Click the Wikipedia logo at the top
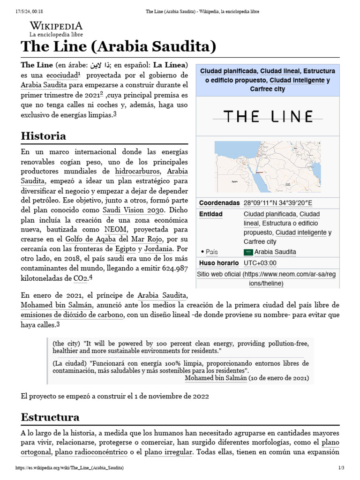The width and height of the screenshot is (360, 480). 56,29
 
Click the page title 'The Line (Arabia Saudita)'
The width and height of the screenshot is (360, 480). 118,47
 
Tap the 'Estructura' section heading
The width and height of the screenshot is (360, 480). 50,417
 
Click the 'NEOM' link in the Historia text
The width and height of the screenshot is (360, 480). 115,229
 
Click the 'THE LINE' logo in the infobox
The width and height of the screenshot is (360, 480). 268,117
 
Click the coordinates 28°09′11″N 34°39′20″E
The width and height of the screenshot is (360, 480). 278,203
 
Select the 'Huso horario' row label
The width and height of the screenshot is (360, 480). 219,263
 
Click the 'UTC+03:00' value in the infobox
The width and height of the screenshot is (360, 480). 260,263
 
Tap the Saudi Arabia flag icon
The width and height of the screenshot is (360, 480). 248,252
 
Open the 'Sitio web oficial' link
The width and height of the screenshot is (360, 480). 220,274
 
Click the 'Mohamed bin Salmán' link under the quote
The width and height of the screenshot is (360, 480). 216,377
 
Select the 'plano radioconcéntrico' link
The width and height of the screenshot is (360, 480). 91,452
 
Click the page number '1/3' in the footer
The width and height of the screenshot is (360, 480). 341,468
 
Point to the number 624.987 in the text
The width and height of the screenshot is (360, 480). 169,268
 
